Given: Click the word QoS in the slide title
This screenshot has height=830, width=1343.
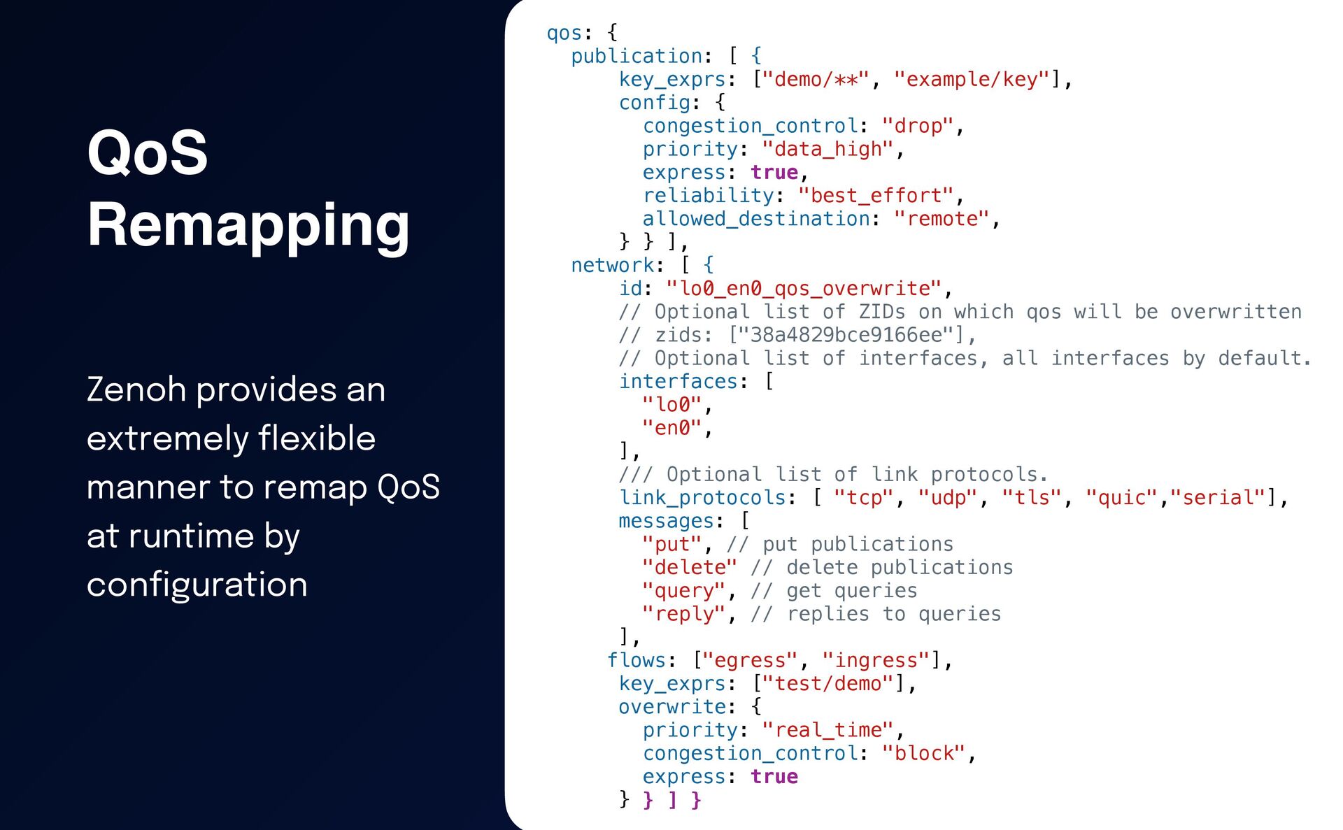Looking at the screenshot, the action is click(148, 152).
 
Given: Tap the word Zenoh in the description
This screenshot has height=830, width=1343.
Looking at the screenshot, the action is click(137, 389).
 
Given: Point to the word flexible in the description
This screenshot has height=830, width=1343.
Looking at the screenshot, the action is click(317, 438).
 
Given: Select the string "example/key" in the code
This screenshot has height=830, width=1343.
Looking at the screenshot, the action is click(972, 80).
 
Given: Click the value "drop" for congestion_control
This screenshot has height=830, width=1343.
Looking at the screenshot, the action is click(917, 126).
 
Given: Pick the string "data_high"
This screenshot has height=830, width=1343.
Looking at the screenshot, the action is click(827, 149).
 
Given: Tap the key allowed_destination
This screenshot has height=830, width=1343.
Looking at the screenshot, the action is click(755, 219).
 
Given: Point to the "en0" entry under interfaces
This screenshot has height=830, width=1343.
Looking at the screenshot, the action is click(671, 428).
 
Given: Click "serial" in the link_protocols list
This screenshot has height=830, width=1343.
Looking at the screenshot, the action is click(1218, 498).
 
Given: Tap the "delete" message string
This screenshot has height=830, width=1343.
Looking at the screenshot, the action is click(689, 567).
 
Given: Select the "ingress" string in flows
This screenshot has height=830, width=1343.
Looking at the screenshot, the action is click(876, 660).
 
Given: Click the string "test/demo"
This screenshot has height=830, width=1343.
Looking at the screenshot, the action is click(827, 683).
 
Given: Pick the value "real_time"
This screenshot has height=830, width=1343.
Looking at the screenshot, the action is click(827, 730).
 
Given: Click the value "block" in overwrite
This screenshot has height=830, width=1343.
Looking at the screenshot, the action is click(923, 753).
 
